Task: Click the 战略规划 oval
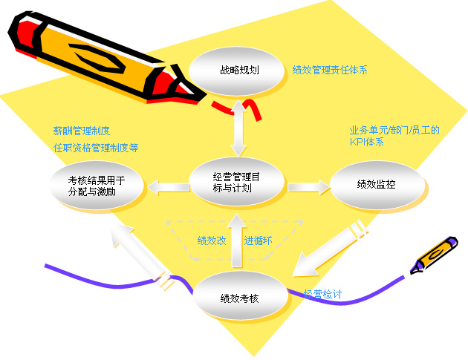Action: [x=236, y=71]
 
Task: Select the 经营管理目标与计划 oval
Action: [x=236, y=183]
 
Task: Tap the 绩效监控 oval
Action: [x=377, y=185]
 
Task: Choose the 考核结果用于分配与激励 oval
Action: [x=97, y=186]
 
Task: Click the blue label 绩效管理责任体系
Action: [x=330, y=70]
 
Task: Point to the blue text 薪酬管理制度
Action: [x=82, y=131]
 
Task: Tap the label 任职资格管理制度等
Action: [x=96, y=148]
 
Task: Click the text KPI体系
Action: [x=366, y=142]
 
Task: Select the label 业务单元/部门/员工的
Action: [x=394, y=131]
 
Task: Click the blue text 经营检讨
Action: [x=322, y=294]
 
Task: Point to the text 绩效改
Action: [x=212, y=240]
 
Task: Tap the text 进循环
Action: [x=259, y=240]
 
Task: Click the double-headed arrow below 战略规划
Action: [x=238, y=128]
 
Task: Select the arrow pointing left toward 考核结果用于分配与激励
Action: [x=169, y=187]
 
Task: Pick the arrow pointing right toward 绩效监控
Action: [x=309, y=187]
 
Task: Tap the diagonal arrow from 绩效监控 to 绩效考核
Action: [x=330, y=248]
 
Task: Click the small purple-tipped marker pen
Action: [x=433, y=255]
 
